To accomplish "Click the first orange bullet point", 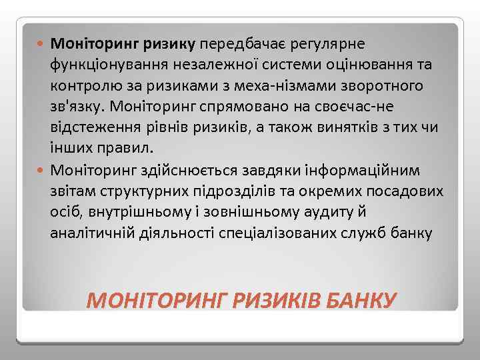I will click(x=43, y=45).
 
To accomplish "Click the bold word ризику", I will click(x=167, y=44).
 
